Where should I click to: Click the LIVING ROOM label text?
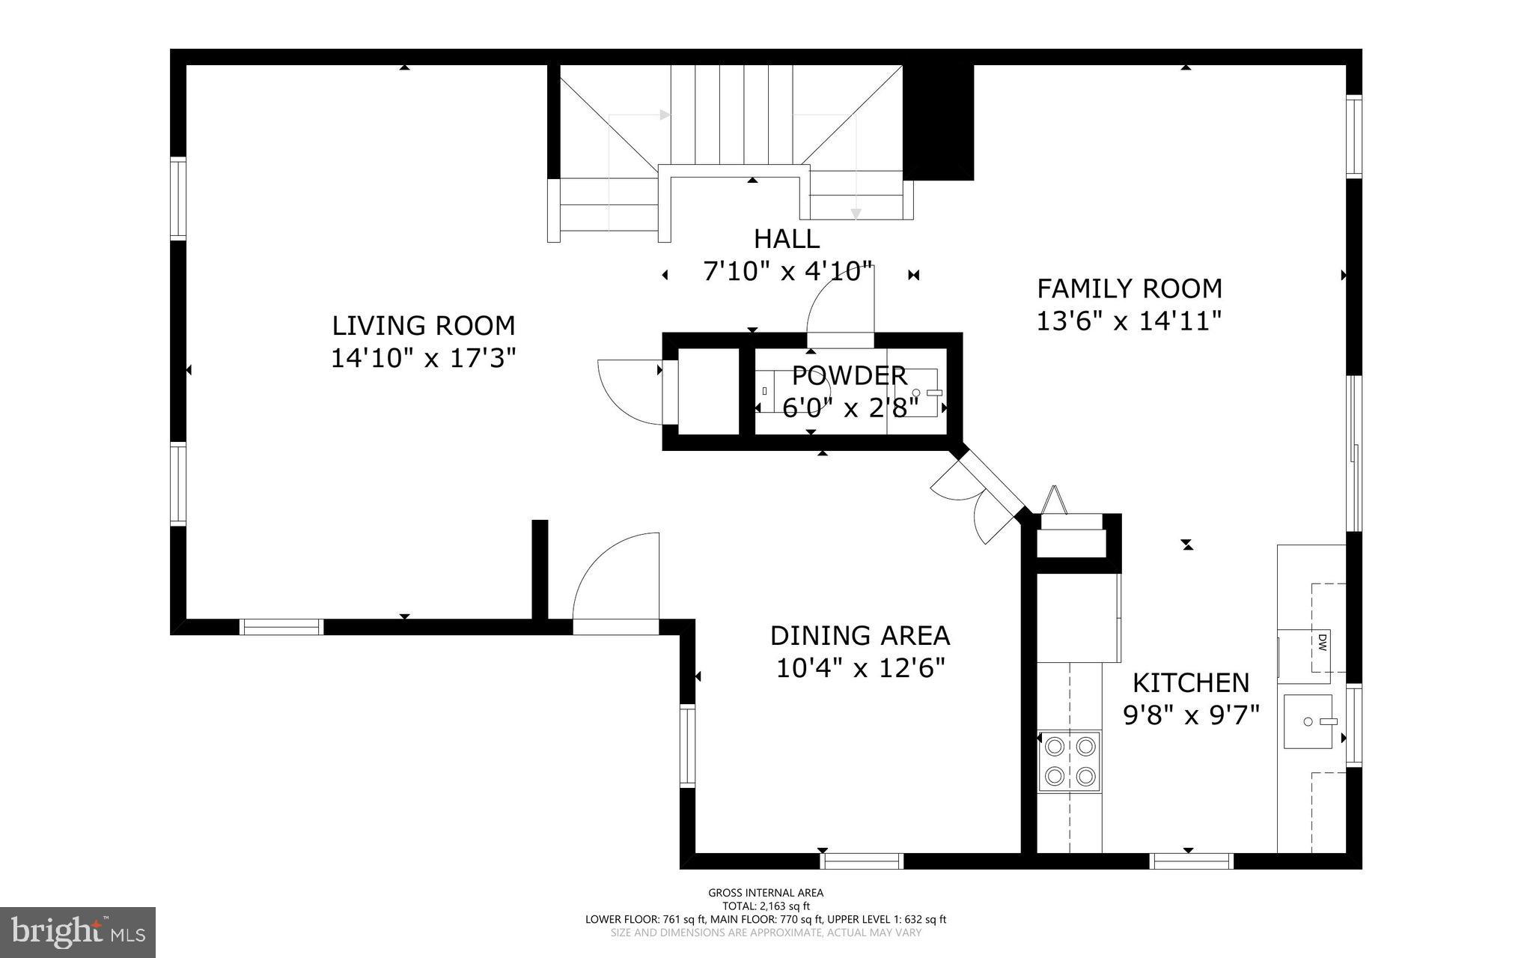click(424, 326)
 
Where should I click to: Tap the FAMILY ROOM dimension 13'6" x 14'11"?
click(1129, 321)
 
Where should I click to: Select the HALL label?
click(786, 239)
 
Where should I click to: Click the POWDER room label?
click(849, 375)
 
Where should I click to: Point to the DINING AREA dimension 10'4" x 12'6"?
click(860, 667)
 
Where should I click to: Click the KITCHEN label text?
click(1190, 682)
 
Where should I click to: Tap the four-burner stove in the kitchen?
click(1069, 761)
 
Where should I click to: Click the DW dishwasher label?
click(1322, 642)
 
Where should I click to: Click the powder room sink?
click(918, 392)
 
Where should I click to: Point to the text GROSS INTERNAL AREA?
click(766, 893)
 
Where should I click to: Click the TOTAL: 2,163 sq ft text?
click(766, 906)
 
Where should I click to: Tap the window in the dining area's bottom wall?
click(862, 861)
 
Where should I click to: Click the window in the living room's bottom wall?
click(281, 627)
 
